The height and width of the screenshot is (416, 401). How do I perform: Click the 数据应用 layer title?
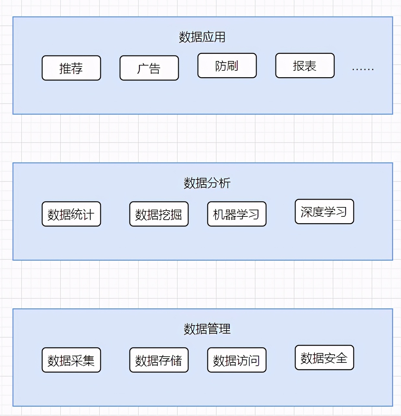(202, 37)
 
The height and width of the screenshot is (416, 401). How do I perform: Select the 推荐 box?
(71, 68)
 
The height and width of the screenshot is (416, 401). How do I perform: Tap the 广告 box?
(149, 68)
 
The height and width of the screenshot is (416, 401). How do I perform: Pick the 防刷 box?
(227, 66)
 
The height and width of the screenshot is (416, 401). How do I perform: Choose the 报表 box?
(305, 66)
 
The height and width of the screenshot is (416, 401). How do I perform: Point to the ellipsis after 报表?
(363, 69)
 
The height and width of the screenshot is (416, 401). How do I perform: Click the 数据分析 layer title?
(207, 183)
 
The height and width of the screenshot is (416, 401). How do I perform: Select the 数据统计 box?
(71, 214)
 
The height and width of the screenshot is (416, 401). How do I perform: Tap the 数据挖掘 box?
(159, 214)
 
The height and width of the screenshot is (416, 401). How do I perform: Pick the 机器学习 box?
(237, 214)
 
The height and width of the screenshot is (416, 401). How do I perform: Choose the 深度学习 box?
(324, 212)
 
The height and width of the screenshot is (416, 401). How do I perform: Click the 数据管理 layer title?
(207, 329)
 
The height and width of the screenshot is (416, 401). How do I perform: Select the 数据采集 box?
(71, 360)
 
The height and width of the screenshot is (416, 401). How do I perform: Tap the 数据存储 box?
(159, 360)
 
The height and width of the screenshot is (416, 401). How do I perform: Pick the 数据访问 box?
(237, 360)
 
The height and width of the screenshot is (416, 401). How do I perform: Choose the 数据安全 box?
(324, 358)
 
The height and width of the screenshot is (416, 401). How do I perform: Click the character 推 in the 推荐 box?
(65, 68)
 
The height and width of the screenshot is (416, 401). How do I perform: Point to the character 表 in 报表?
(310, 66)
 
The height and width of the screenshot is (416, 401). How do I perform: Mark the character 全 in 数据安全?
(342, 358)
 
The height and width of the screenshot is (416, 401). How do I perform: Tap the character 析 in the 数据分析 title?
(225, 183)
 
